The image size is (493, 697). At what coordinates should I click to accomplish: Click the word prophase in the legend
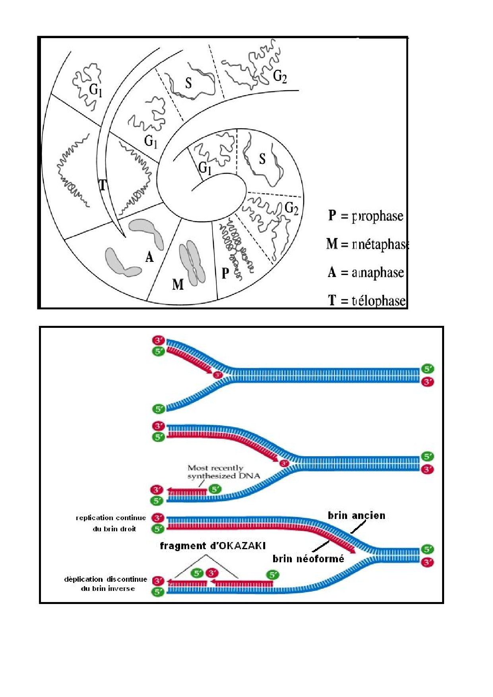click(x=378, y=216)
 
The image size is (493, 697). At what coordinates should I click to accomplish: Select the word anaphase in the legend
click(x=378, y=273)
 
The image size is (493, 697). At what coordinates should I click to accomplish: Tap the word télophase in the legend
click(x=379, y=301)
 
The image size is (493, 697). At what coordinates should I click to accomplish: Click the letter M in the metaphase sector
click(x=178, y=285)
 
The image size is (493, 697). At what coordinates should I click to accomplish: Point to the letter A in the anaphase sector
click(x=149, y=257)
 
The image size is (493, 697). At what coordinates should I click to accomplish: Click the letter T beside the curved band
click(x=102, y=185)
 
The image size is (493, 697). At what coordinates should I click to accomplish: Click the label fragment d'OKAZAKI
click(x=212, y=546)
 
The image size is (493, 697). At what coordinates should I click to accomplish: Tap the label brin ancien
click(x=356, y=515)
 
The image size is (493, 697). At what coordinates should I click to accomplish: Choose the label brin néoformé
click(x=308, y=559)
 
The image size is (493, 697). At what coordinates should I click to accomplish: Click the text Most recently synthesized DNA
click(x=224, y=472)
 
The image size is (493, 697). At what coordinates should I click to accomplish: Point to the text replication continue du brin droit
click(x=111, y=523)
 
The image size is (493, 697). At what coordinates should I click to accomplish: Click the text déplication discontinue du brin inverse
click(x=106, y=584)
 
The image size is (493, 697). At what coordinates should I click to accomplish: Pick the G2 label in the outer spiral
click(x=280, y=76)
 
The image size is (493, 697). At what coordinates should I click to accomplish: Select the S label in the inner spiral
click(x=262, y=159)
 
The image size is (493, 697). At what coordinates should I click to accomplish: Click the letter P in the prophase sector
click(x=225, y=273)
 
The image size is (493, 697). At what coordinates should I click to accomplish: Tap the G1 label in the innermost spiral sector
click(x=205, y=168)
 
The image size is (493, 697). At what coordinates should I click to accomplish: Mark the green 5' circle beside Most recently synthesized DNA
click(x=215, y=489)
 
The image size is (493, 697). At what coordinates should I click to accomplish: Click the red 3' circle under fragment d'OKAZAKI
click(x=212, y=573)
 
